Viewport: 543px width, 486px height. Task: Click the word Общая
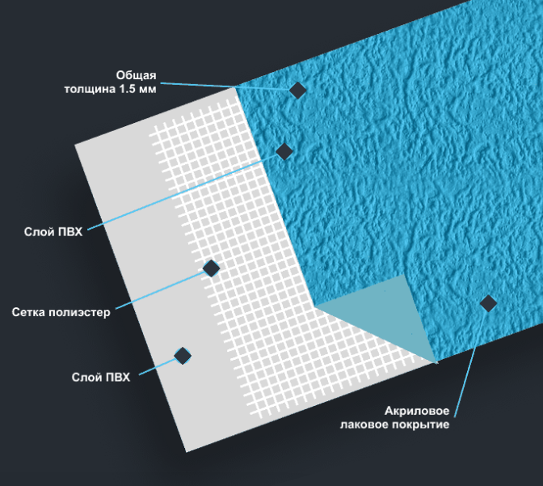point(136,75)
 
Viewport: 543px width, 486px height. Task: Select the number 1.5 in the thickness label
point(127,89)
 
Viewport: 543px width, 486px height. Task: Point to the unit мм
point(147,90)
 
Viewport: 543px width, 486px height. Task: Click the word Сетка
point(29,312)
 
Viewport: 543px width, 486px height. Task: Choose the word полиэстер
point(80,313)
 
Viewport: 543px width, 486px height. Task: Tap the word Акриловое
point(417,411)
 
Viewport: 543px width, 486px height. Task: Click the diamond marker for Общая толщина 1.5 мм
point(297,90)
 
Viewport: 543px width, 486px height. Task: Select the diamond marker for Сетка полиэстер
point(211,268)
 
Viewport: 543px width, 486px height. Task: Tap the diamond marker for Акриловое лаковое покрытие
point(488,304)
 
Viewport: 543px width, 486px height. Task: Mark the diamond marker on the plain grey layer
point(183,356)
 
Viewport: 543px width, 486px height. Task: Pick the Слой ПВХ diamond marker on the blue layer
point(284,151)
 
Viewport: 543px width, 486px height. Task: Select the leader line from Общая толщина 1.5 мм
point(225,87)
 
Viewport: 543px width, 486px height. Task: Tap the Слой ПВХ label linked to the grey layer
point(101,377)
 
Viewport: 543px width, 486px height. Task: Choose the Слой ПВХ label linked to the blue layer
point(53,231)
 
